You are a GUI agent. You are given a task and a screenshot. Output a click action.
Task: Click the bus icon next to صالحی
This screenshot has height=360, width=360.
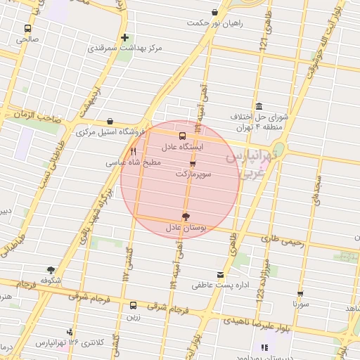(x=27, y=29)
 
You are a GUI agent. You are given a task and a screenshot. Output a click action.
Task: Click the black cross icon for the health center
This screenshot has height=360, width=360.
(x=124, y=37)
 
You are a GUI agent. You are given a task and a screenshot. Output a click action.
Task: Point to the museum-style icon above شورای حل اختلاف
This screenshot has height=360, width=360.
(x=259, y=105)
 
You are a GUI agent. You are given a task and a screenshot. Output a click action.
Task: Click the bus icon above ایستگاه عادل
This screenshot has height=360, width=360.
(x=183, y=136)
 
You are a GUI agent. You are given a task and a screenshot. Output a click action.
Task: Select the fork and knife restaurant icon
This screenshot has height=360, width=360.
(x=134, y=151)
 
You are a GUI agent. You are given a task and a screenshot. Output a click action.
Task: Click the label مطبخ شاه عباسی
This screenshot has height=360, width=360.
(x=134, y=162)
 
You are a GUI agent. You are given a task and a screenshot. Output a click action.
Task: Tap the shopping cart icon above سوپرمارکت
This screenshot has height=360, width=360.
(x=193, y=162)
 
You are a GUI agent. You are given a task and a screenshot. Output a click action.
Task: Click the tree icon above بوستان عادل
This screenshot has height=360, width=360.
(x=186, y=217)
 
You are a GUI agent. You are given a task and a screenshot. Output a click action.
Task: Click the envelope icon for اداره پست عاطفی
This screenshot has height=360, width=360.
(x=221, y=274)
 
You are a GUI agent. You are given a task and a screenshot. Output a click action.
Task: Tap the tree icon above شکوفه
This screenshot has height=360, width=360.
(x=51, y=269)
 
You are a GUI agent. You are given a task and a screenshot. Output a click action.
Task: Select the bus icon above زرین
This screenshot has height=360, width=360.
(x=134, y=305)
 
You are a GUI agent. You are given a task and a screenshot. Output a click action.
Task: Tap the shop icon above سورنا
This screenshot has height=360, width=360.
(x=300, y=294)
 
